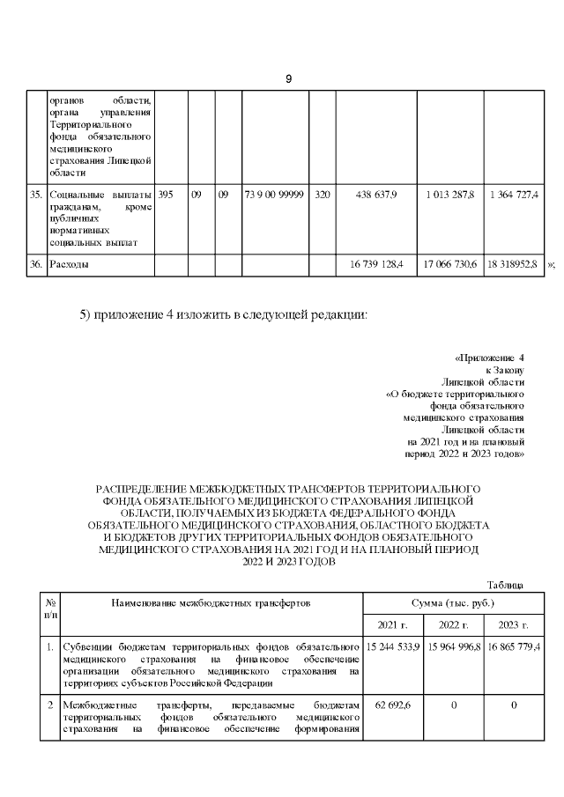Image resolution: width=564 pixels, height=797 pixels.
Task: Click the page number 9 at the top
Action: click(x=288, y=79)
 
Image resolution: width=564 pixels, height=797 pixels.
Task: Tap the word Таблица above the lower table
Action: click(x=506, y=585)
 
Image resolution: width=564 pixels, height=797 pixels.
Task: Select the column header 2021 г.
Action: click(x=393, y=624)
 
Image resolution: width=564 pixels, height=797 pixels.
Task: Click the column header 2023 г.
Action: click(x=514, y=624)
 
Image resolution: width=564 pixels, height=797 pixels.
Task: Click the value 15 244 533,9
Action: click(x=392, y=647)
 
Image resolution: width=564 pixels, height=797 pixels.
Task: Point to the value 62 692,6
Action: click(x=393, y=705)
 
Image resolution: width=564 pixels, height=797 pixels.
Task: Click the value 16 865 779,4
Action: click(x=514, y=647)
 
